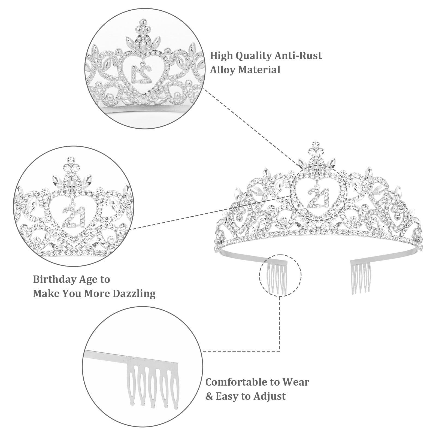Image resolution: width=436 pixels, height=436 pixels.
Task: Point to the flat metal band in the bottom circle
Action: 131,355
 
